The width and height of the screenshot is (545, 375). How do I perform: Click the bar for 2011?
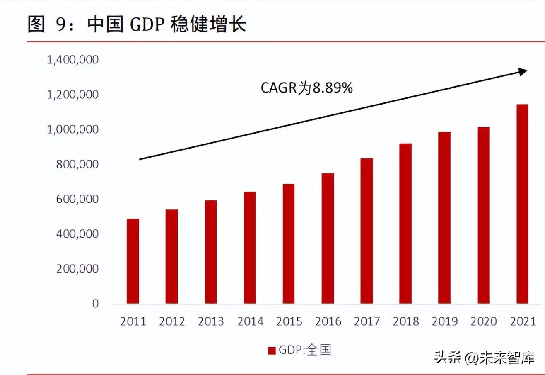click(133, 261)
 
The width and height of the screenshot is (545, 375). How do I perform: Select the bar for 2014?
click(250, 248)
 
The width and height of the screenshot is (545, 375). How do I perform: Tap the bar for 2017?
click(367, 231)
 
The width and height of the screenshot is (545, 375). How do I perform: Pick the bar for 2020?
click(483, 215)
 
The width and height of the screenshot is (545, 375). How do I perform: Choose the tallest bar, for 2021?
click(522, 204)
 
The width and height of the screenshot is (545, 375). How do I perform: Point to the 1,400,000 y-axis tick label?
click(73, 60)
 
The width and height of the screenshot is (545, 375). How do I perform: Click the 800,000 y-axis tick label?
click(78, 165)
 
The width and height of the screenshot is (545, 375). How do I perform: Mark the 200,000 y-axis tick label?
click(78, 269)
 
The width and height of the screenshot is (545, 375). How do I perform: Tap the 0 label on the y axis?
click(95, 304)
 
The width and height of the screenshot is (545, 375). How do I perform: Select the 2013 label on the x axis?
click(211, 322)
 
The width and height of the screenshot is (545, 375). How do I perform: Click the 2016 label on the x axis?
click(328, 322)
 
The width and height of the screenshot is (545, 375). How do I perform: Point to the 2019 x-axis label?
click(444, 322)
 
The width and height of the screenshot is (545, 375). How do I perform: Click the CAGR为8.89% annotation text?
click(306, 88)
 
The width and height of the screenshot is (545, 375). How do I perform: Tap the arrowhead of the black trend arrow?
click(523, 72)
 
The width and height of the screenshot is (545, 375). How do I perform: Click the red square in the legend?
click(272, 351)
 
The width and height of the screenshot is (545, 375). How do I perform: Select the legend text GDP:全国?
click(305, 350)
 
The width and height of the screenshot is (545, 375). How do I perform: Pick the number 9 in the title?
click(60, 25)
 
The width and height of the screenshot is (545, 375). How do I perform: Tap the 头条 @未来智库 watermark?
click(484, 357)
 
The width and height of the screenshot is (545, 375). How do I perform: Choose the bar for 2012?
click(172, 256)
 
